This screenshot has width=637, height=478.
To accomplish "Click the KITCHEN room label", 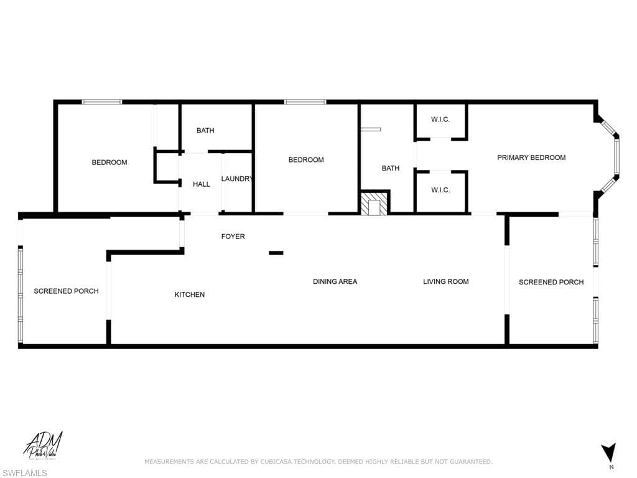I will pyautogui.click(x=190, y=294).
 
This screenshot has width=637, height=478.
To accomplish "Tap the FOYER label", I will pyautogui.click(x=233, y=237).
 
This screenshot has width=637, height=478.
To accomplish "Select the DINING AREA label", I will pyautogui.click(x=335, y=281).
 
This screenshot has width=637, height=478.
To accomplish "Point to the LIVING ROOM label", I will pyautogui.click(x=445, y=281).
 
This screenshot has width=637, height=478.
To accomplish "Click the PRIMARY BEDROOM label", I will pyautogui.click(x=531, y=157).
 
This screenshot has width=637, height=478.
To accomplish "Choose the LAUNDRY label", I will pyautogui.click(x=237, y=179).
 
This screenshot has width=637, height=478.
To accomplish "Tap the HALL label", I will pyautogui.click(x=202, y=184).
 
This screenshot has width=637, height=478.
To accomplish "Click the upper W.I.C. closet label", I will pyautogui.click(x=440, y=119).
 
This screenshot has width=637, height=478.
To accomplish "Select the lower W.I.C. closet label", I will pyautogui.click(x=440, y=190).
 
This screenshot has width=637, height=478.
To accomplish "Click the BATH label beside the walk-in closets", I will pyautogui.click(x=391, y=168).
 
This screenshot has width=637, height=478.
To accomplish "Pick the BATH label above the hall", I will pyautogui.click(x=205, y=130).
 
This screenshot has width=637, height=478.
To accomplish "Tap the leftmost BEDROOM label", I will pyautogui.click(x=109, y=162).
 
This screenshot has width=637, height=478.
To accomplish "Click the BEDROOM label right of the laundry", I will pyautogui.click(x=306, y=160).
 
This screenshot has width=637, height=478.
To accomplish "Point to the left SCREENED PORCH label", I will pyautogui.click(x=66, y=291).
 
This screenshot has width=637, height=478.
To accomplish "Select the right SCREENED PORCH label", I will pyautogui.click(x=551, y=282).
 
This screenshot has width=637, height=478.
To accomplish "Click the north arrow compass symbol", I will pyautogui.click(x=609, y=452).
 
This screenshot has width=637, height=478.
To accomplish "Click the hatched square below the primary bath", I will pyautogui.click(x=374, y=204).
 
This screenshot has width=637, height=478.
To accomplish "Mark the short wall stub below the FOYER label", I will pyautogui.click(x=276, y=253).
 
